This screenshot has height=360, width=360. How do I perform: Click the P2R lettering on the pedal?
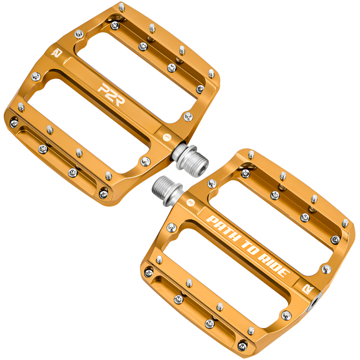[x=112, y=94]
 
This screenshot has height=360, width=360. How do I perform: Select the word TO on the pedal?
[x=250, y=248]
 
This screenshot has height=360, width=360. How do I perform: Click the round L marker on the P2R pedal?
[x=167, y=137]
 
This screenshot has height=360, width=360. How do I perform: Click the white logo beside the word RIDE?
[x=308, y=289]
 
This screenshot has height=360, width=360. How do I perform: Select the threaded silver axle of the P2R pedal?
[x=190, y=160]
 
